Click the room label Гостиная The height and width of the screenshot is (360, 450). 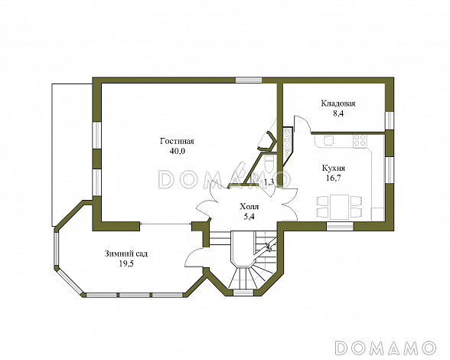177,142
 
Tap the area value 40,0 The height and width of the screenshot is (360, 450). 178,151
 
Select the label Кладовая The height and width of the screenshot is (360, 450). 338,103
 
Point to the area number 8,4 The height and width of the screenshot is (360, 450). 338,113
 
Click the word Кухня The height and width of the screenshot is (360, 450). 334,168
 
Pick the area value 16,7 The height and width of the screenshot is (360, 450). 334,178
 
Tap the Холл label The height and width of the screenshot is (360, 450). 249,207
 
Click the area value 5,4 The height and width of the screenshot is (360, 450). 249,217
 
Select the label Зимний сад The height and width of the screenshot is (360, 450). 126,254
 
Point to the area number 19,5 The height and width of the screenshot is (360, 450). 126,263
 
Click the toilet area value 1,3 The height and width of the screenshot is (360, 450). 269,182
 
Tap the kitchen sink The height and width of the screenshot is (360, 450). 328,140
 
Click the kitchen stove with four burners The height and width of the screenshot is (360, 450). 360,141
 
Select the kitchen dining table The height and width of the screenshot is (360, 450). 339,207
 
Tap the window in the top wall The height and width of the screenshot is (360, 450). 249,80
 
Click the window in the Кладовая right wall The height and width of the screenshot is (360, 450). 390,120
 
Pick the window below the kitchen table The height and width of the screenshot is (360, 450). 341,226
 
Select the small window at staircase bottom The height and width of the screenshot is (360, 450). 243,293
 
